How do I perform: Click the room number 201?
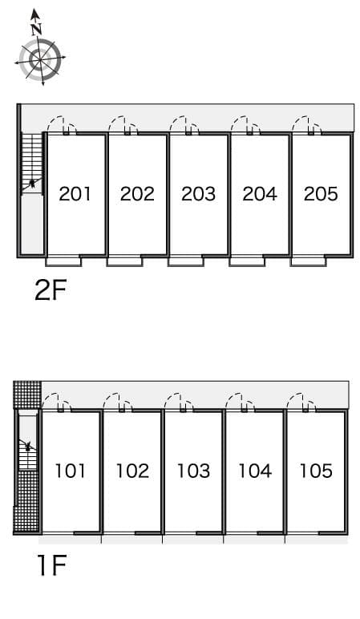click(75, 193)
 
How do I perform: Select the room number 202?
click(137, 193)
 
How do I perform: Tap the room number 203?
click(198, 193)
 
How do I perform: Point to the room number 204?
click(260, 193)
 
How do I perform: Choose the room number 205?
click(321, 193)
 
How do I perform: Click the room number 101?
click(71, 471)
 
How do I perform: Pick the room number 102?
click(132, 471)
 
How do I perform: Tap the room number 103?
click(193, 471)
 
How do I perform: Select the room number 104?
click(255, 471)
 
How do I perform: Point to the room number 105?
click(316, 471)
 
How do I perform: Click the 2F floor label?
click(50, 289)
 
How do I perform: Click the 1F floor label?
click(50, 566)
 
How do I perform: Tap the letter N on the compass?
click(35, 28)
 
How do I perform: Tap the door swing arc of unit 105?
click(299, 400)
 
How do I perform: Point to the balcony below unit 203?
click(186, 261)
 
